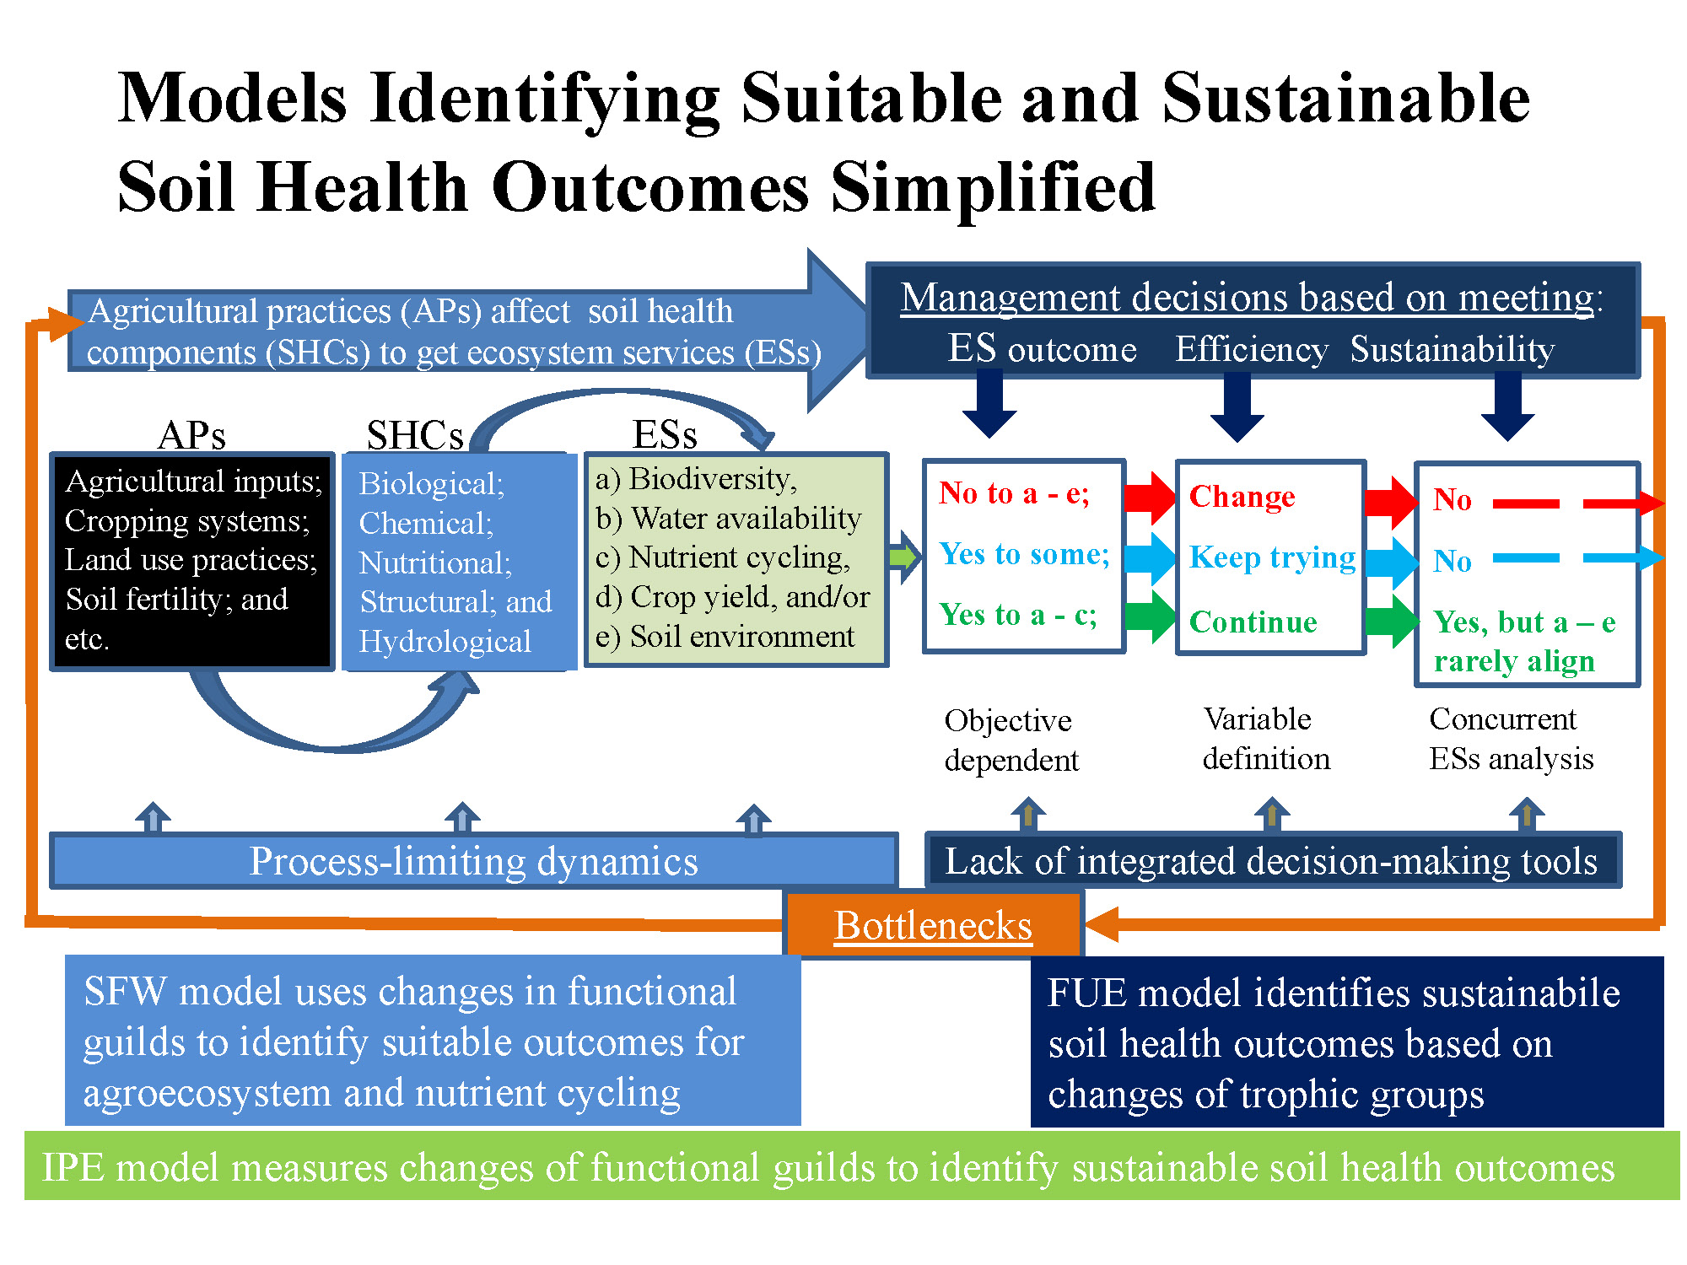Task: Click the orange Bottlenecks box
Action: pyautogui.click(x=933, y=925)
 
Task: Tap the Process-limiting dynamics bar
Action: pyautogui.click(x=473, y=861)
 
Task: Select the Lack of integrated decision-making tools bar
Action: pyautogui.click(x=1272, y=861)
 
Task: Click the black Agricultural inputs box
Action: pyautogui.click(x=192, y=561)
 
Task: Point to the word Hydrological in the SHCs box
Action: pyautogui.click(x=445, y=642)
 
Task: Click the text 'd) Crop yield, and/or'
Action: pyautogui.click(x=732, y=597)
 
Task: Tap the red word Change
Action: pyautogui.click(x=1242, y=497)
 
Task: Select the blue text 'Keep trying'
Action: pyautogui.click(x=1272, y=557)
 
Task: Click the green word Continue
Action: pyautogui.click(x=1253, y=622)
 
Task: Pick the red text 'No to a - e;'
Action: pyautogui.click(x=1014, y=493)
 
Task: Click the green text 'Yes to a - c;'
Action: pyautogui.click(x=1018, y=615)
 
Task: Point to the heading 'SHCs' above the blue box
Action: pyautogui.click(x=415, y=435)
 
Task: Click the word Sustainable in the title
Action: pyautogui.click(x=1345, y=99)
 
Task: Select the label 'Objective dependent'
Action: pyautogui.click(x=1011, y=740)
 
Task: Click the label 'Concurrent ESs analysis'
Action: pyautogui.click(x=1510, y=739)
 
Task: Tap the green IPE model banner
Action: pyautogui.click(x=852, y=1167)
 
